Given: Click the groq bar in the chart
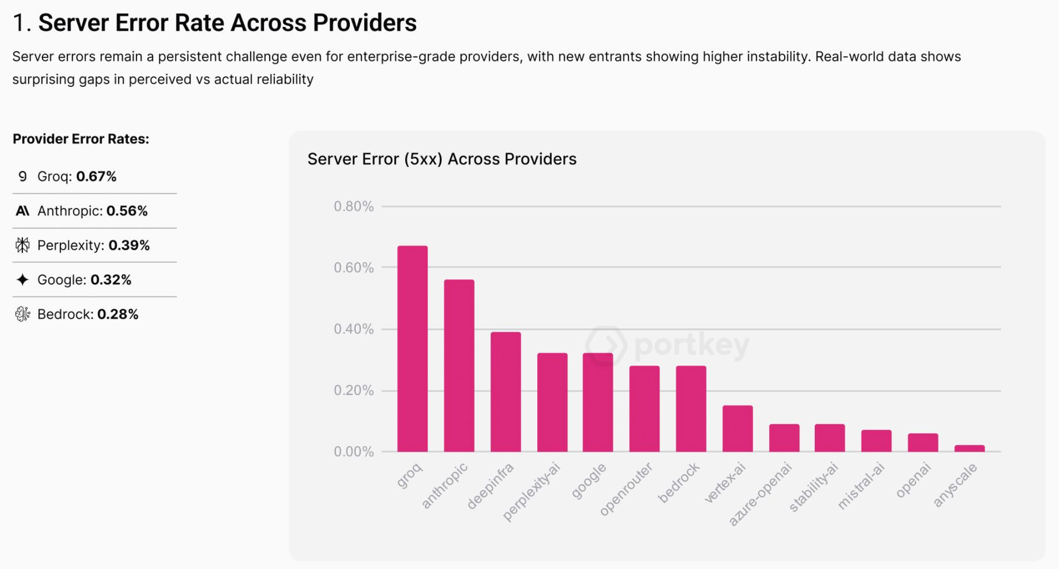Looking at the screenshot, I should (412, 349).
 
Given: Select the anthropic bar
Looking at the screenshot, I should (459, 366).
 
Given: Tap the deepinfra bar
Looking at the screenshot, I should (506, 392).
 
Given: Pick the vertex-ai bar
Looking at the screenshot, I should (738, 429).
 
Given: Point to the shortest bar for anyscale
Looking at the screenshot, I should (970, 448).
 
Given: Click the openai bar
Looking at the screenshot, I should (923, 442).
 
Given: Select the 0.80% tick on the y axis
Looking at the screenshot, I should (353, 206).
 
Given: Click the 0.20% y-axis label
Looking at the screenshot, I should (353, 391).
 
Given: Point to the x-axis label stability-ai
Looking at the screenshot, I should (814, 487).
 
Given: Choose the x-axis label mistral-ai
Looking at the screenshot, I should (861, 486).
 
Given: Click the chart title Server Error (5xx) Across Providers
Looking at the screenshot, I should (442, 159).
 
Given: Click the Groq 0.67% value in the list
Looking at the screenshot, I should (96, 176).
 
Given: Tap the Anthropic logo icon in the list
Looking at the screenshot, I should (22, 211).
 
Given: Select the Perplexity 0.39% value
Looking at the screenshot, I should (129, 245).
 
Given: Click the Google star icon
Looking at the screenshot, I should (22, 279).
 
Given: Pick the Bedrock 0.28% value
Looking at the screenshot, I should (118, 314).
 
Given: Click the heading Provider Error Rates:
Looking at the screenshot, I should (81, 139).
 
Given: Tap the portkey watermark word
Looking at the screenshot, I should (691, 345).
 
